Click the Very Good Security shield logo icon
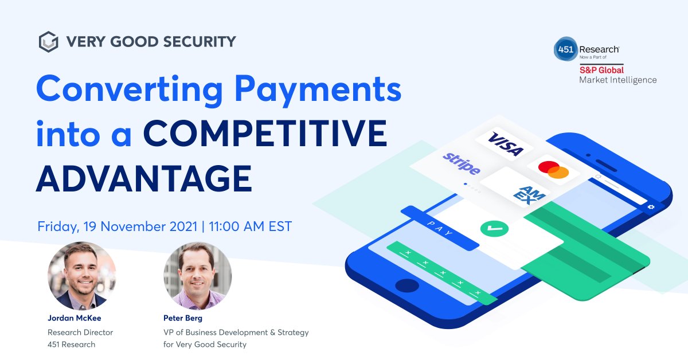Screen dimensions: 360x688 (49, 42)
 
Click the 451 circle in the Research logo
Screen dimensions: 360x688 (565, 49)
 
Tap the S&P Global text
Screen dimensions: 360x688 (601, 70)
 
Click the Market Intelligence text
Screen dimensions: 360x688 (617, 80)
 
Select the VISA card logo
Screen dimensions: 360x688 (504, 144)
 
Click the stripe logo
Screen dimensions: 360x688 (462, 163)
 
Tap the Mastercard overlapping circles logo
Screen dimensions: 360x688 (553, 170)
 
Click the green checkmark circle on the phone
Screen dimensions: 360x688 (494, 228)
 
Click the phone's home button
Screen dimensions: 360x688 (407, 285)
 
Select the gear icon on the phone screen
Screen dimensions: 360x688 (651, 207)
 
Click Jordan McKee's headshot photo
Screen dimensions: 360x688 (82, 276)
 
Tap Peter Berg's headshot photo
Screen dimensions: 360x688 (198, 276)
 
